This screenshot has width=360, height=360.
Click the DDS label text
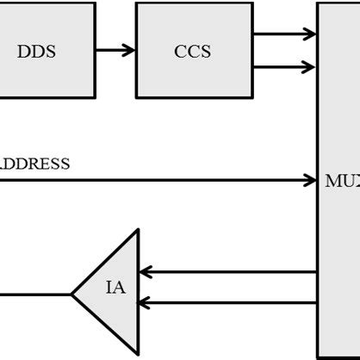coord(36,52)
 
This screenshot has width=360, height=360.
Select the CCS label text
coord(194,52)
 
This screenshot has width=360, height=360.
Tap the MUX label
coord(342,182)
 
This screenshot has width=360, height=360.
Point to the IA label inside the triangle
coord(115,288)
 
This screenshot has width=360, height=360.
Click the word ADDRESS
coord(34,164)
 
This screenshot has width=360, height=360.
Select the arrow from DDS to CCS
coord(115,50)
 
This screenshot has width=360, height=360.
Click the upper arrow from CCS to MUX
coord(284,34)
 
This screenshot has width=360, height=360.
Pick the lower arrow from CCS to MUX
coord(284,66)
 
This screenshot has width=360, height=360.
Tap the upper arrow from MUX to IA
coord(227,272)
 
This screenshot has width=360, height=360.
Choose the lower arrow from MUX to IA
coord(227,302)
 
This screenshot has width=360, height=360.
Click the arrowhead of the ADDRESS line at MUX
coord(310,180)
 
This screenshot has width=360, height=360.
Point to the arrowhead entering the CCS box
coord(129,50)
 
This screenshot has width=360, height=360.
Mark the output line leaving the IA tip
coord(34,294)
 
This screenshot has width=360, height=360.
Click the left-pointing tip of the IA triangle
coord(71,294)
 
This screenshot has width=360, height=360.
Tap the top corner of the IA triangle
coord(138,230)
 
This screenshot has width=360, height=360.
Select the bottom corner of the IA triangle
coord(138,355)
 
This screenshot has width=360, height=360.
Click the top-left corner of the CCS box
coord(136,3)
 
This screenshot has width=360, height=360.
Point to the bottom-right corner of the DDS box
coord(95,97)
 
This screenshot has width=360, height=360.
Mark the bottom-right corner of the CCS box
coord(253,97)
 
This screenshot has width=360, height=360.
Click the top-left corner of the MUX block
coord(318,3)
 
